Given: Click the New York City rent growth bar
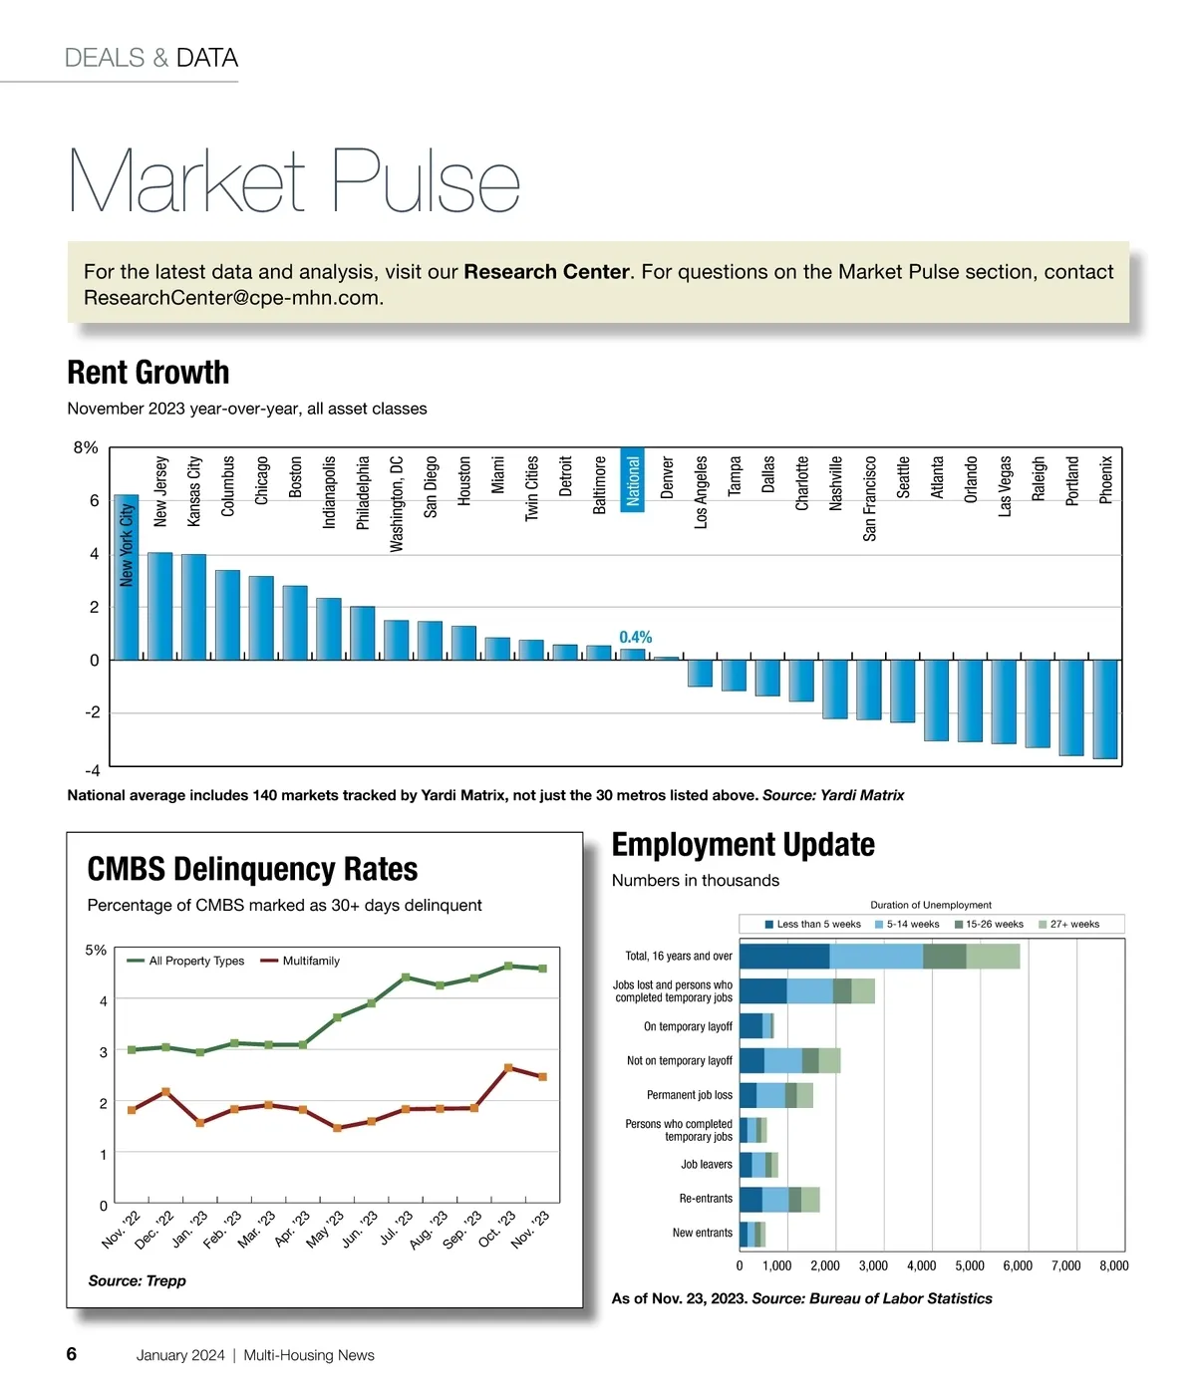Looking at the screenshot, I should click(126, 578).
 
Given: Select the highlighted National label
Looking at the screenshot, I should click(633, 480).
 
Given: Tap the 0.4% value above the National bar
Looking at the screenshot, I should click(635, 638).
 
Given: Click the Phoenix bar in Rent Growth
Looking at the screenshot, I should click(1104, 708).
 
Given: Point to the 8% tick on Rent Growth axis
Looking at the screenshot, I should click(86, 448).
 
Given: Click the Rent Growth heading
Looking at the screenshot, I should click(149, 373).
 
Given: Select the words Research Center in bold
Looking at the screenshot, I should click(546, 272).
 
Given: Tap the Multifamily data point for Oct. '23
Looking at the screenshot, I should click(508, 1068).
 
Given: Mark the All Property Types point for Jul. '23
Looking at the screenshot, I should click(406, 977).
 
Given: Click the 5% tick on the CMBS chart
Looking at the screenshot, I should click(96, 951).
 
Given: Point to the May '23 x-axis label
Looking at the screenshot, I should click(325, 1230).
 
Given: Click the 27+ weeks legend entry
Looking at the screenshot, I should click(1073, 925).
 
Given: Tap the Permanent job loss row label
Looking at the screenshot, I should click(689, 1095).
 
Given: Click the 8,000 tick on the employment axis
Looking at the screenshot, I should click(1113, 1266).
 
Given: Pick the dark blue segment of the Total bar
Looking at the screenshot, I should click(784, 957).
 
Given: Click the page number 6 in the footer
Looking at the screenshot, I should click(72, 1354).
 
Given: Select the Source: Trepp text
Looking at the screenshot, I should click(137, 1281).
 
